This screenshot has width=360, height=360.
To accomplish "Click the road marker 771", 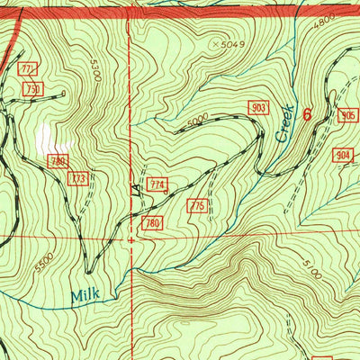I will [x=29, y=69].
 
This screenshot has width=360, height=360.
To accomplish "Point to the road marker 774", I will [x=157, y=184].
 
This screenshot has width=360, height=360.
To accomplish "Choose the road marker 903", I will [x=259, y=108].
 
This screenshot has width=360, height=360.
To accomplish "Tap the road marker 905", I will [x=347, y=116].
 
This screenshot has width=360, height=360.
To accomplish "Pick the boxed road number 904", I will [x=343, y=155].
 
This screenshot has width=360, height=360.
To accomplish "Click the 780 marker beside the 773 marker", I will [x=59, y=162].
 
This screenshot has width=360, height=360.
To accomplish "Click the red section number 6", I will [x=307, y=114].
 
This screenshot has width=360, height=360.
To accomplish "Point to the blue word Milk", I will [x=87, y=293].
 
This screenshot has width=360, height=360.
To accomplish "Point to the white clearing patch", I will [x=44, y=137].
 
